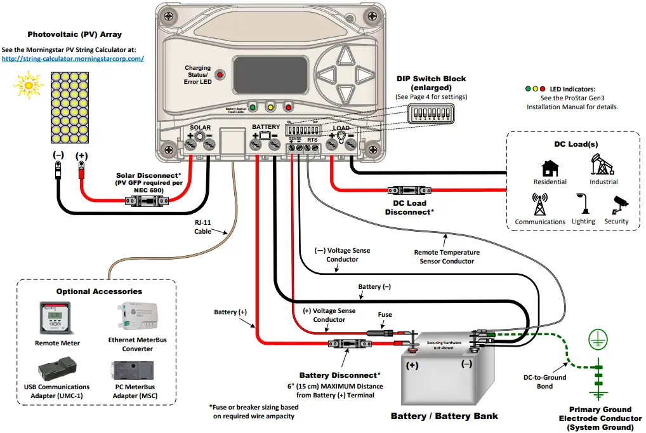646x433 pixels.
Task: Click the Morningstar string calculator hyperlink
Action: [73, 58]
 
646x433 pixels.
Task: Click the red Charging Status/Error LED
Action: [220, 75]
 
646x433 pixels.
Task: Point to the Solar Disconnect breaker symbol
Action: [147, 201]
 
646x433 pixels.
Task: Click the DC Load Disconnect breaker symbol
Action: [410, 190]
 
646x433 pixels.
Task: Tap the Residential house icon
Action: [550, 169]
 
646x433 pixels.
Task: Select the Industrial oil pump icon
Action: [602, 165]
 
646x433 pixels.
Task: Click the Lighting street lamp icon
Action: [583, 205]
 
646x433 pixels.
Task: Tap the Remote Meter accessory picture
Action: [56, 318]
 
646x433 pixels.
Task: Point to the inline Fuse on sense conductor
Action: [383, 332]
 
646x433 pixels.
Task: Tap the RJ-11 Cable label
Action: [203, 227]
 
